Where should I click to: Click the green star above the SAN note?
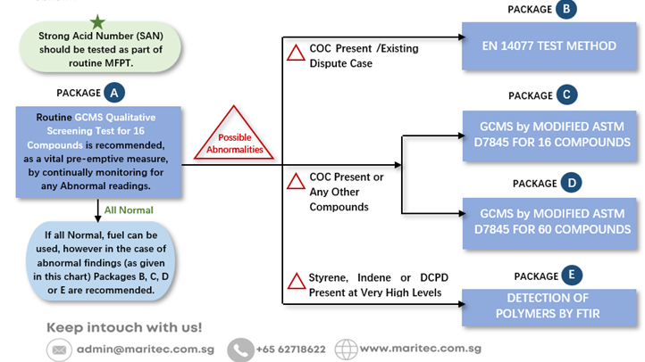coord(97,21)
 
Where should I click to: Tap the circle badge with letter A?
coord(114,93)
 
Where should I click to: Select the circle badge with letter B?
coord(566,9)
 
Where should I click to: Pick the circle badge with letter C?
coord(567,95)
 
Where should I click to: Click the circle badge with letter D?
coord(572,183)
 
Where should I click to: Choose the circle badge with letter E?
coord(572,275)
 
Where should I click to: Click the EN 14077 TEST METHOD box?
coord(549,46)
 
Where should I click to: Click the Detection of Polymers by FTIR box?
coord(549,308)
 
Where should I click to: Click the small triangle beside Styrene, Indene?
coord(297,281)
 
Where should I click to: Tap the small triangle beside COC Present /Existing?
coord(296,53)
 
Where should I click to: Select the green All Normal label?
coord(129,210)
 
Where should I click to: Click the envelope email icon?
coord(59,350)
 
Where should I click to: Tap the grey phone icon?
coord(240,350)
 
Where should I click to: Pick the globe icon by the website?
coord(346,350)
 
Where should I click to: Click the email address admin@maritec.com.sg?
coord(146,350)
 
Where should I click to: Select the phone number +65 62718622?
coord(291,350)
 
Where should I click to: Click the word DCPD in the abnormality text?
coord(434,278)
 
